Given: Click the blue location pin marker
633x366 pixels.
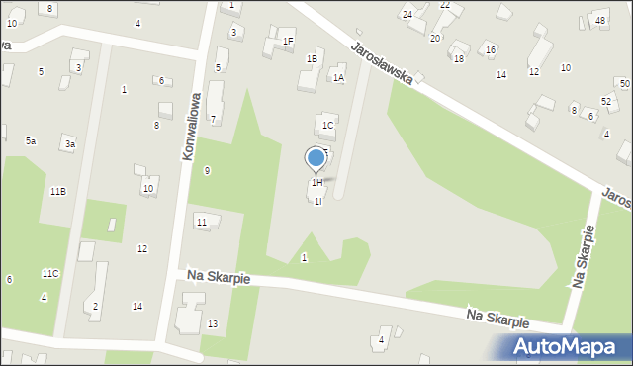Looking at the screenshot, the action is (316, 158).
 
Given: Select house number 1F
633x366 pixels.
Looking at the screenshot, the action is (288, 41).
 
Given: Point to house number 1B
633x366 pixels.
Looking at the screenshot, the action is (312, 59).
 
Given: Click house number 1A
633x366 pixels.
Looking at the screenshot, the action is (338, 77).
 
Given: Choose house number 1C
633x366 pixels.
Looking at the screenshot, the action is (327, 126).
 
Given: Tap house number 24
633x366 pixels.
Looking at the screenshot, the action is (407, 14).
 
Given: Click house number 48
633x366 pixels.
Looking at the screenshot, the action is (600, 20).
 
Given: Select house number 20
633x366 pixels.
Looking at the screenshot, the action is (435, 38).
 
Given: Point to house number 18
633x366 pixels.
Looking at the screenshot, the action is (458, 59).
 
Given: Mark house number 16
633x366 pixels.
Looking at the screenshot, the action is (490, 49).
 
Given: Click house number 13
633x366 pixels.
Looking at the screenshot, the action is (213, 324).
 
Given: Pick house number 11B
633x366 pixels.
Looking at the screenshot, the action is (58, 191).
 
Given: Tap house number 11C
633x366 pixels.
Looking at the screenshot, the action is (50, 273).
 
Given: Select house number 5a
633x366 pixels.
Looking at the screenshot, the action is (31, 141).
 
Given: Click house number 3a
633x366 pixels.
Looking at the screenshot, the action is (69, 144).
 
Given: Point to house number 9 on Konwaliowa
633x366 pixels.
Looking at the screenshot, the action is (207, 171).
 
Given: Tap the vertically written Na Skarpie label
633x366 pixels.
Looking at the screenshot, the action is (583, 257).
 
